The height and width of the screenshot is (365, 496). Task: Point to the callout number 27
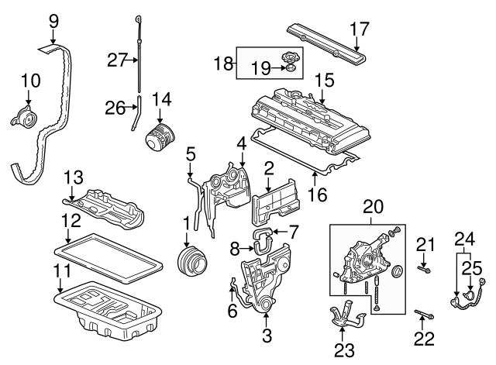coord(116,60)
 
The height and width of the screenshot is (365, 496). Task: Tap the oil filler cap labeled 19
coord(289,61)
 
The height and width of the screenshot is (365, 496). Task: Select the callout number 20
coord(373,207)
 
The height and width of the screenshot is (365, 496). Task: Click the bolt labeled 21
coord(424,269)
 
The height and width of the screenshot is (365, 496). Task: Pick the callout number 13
coord(71,177)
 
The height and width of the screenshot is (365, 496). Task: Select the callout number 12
coord(70,220)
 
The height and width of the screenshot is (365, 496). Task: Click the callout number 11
coord(60,270)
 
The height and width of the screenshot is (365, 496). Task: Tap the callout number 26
coord(114,108)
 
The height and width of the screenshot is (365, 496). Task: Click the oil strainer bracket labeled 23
coord(346,318)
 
